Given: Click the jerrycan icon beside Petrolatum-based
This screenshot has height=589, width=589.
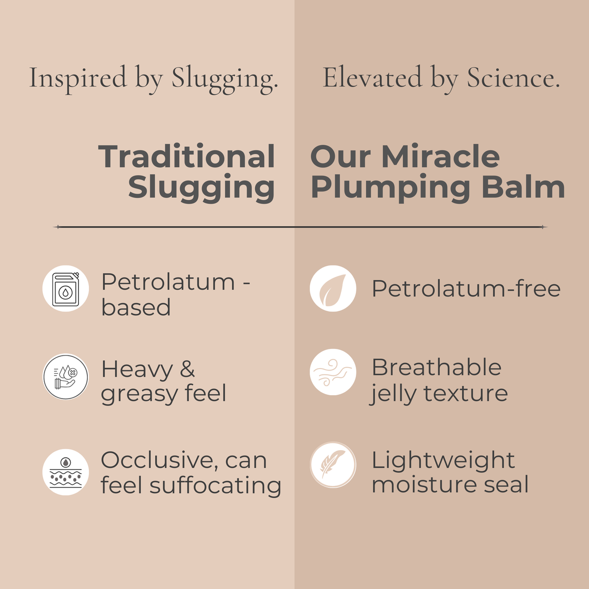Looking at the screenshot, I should coord(66,289).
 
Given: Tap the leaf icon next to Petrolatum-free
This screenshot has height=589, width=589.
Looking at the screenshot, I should coord(333,289).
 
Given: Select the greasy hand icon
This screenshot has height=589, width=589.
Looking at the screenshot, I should coord(66,377).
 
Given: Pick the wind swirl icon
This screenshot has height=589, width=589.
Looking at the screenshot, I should coord(333,372).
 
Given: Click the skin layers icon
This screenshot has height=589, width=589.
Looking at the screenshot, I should coord(66,472).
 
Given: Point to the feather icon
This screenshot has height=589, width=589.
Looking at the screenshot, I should coord(333,465).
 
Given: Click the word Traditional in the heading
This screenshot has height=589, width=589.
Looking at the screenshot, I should coord(187,157).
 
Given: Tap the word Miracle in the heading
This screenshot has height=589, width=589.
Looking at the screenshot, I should coord(440,157).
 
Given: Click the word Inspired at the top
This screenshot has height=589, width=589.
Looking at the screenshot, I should coord(78,78).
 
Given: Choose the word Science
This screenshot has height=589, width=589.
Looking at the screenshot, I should coord(512,78).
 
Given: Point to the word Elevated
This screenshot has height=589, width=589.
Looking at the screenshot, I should coord(372,78).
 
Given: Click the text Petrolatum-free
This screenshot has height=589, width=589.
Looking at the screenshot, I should coord(466,289).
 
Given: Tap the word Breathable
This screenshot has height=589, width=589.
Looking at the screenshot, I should coord(436,367).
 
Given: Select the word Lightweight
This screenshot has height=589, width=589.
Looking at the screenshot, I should coord(443,460).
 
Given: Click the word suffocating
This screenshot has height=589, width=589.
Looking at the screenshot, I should coord(215,485).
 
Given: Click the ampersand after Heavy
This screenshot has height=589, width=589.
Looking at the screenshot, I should coord(187,370).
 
